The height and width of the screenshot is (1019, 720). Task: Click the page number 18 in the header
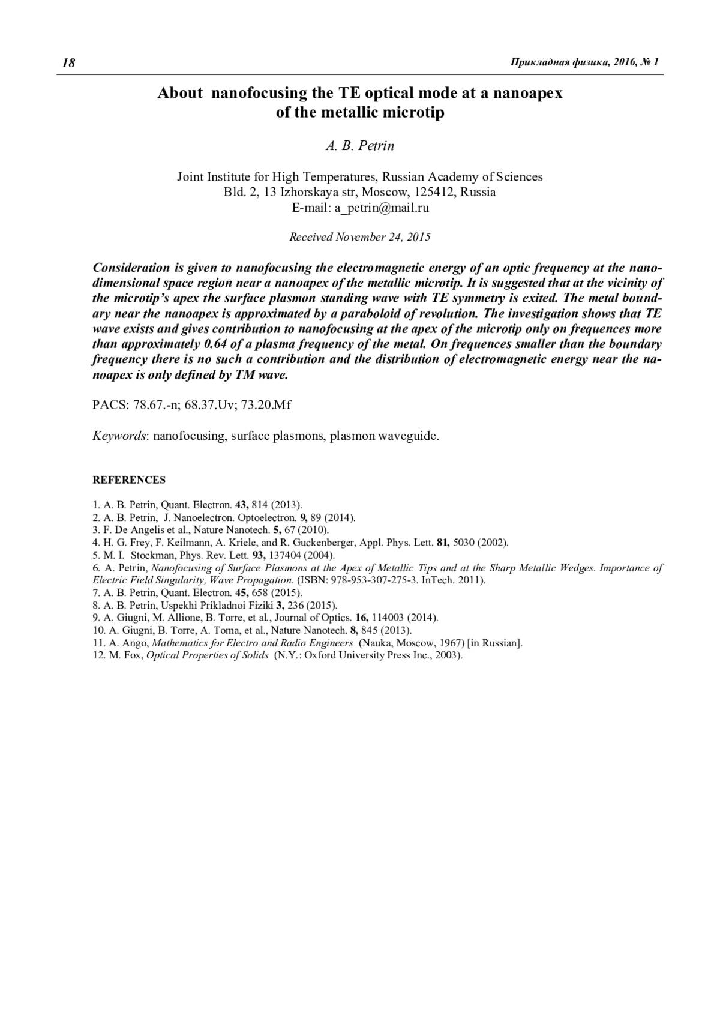click(x=68, y=63)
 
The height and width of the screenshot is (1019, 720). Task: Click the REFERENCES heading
click(x=129, y=480)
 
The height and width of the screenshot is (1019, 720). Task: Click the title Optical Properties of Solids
click(x=208, y=655)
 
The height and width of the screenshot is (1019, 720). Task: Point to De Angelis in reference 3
click(x=128, y=530)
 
